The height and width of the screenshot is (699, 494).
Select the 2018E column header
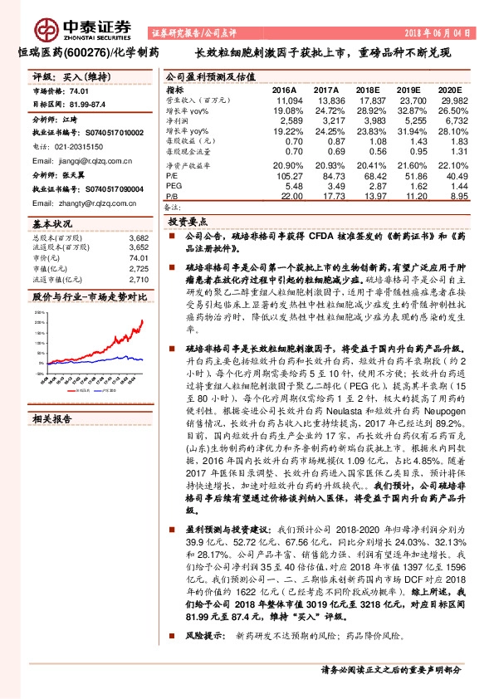[x=367, y=89]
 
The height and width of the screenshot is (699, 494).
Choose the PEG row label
[x=172, y=184]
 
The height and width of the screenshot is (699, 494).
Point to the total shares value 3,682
[x=139, y=238]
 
